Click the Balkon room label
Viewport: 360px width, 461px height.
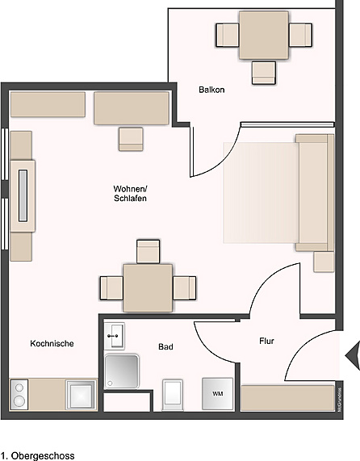pyautogui.click(x=211, y=90)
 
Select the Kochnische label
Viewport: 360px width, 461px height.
pyautogui.click(x=52, y=343)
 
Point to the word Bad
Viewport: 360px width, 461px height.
pyautogui.click(x=165, y=346)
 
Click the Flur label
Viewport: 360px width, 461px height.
pyautogui.click(x=266, y=341)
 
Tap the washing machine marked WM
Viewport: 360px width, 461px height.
pyautogui.click(x=217, y=393)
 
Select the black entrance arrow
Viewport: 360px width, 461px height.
pyautogui.click(x=352, y=354)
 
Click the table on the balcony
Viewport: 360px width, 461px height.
pyautogui.click(x=263, y=36)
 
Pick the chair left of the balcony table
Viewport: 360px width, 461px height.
pyautogui.click(x=227, y=35)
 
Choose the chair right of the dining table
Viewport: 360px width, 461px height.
pyautogui.click(x=185, y=287)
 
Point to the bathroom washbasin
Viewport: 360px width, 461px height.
pyautogui.click(x=115, y=333)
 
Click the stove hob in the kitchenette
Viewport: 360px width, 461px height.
pyautogui.click(x=19, y=394)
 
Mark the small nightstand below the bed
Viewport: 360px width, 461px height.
pyautogui.click(x=324, y=261)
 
